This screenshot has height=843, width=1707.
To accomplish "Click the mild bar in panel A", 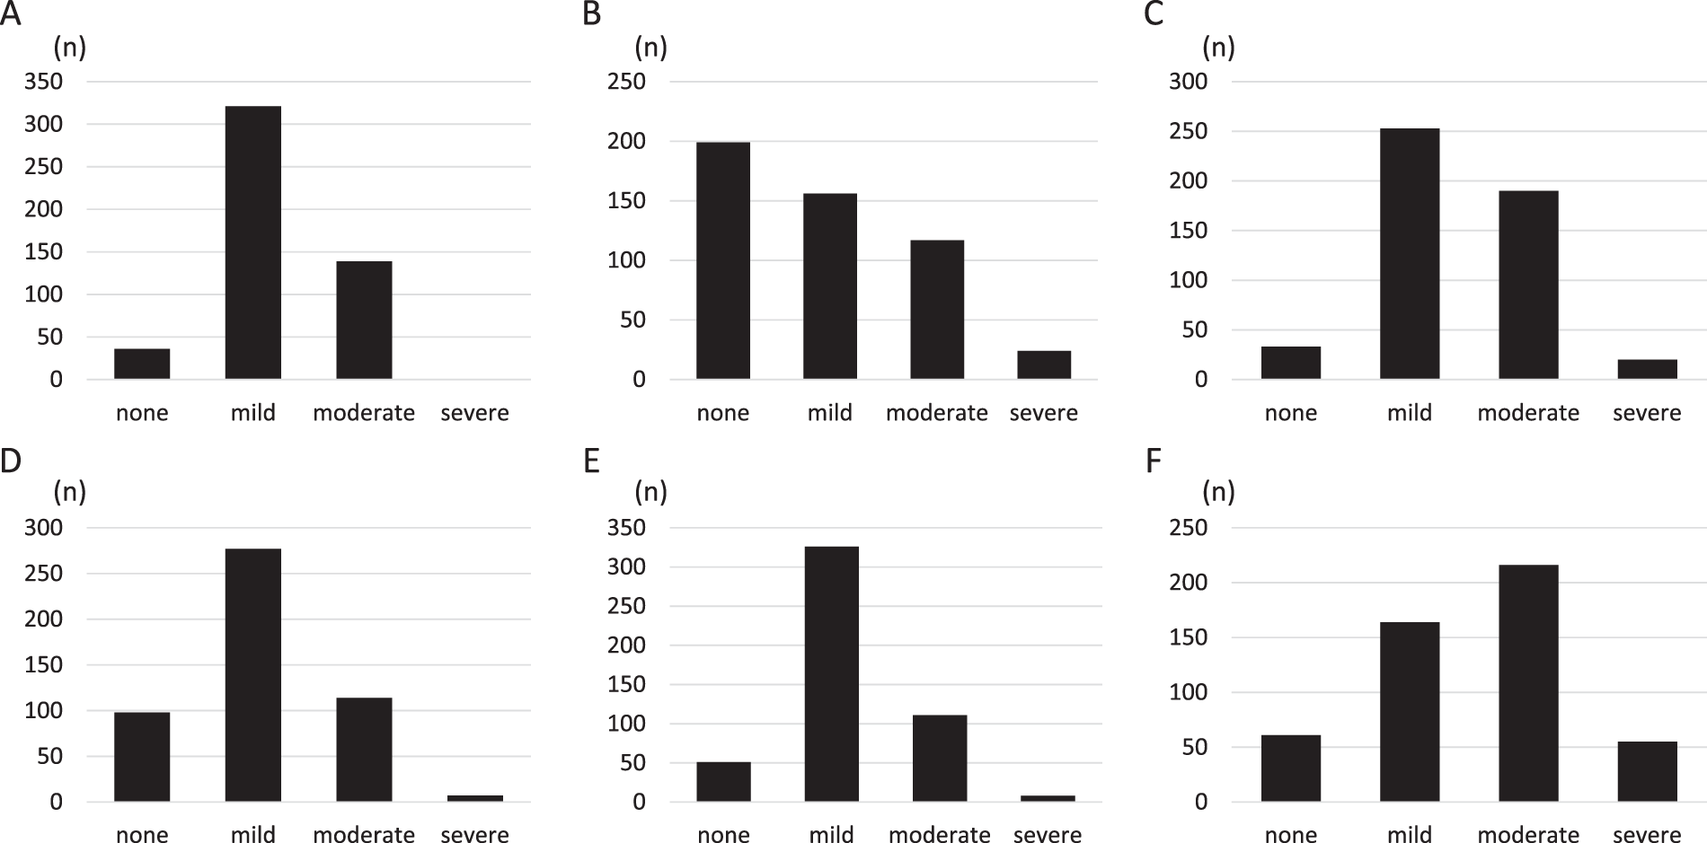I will point(252,242).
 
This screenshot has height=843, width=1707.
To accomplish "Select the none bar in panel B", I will point(722,260).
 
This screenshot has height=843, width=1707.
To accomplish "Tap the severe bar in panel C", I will point(1647,369).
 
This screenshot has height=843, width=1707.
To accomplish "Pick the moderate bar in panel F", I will point(1528,682).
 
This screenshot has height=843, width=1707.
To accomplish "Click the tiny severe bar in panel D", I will point(474,797).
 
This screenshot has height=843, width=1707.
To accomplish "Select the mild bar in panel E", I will point(831,673).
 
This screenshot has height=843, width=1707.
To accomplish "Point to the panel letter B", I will point(591,15).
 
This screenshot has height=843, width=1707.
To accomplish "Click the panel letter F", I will point(1154,461).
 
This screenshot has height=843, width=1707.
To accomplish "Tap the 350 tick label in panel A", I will point(43,82).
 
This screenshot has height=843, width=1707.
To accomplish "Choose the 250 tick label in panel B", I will point(626,82).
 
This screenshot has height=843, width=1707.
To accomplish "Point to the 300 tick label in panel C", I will point(1188,82).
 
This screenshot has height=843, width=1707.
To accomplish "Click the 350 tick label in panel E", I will point(626,528).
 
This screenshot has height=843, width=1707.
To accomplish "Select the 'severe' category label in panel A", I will point(474,413).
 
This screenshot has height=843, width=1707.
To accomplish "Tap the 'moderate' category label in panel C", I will point(1528,413).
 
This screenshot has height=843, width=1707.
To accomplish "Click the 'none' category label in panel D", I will point(142,835).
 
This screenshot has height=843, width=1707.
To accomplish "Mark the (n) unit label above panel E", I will point(650,491).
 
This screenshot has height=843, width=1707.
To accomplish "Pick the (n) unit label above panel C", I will point(1218,46).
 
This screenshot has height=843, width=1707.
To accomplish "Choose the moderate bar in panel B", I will point(937,310).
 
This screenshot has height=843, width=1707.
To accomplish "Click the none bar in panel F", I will point(1290,768).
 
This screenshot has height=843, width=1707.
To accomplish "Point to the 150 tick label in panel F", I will point(1188,637).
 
